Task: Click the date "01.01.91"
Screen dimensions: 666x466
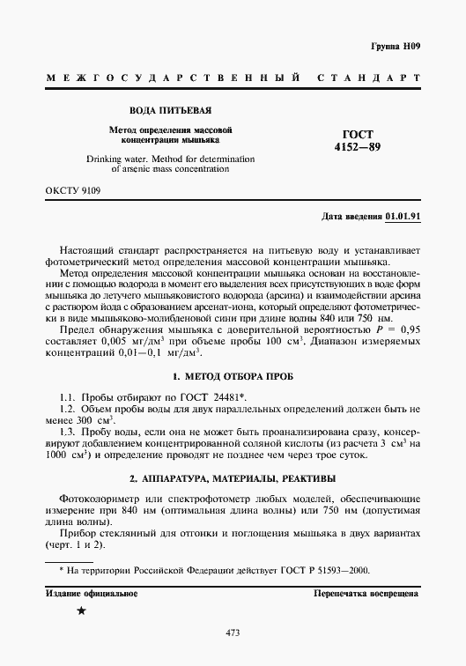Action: [x=403, y=216]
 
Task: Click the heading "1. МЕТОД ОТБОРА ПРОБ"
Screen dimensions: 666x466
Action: [x=233, y=377]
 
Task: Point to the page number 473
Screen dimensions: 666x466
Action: [x=233, y=633]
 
